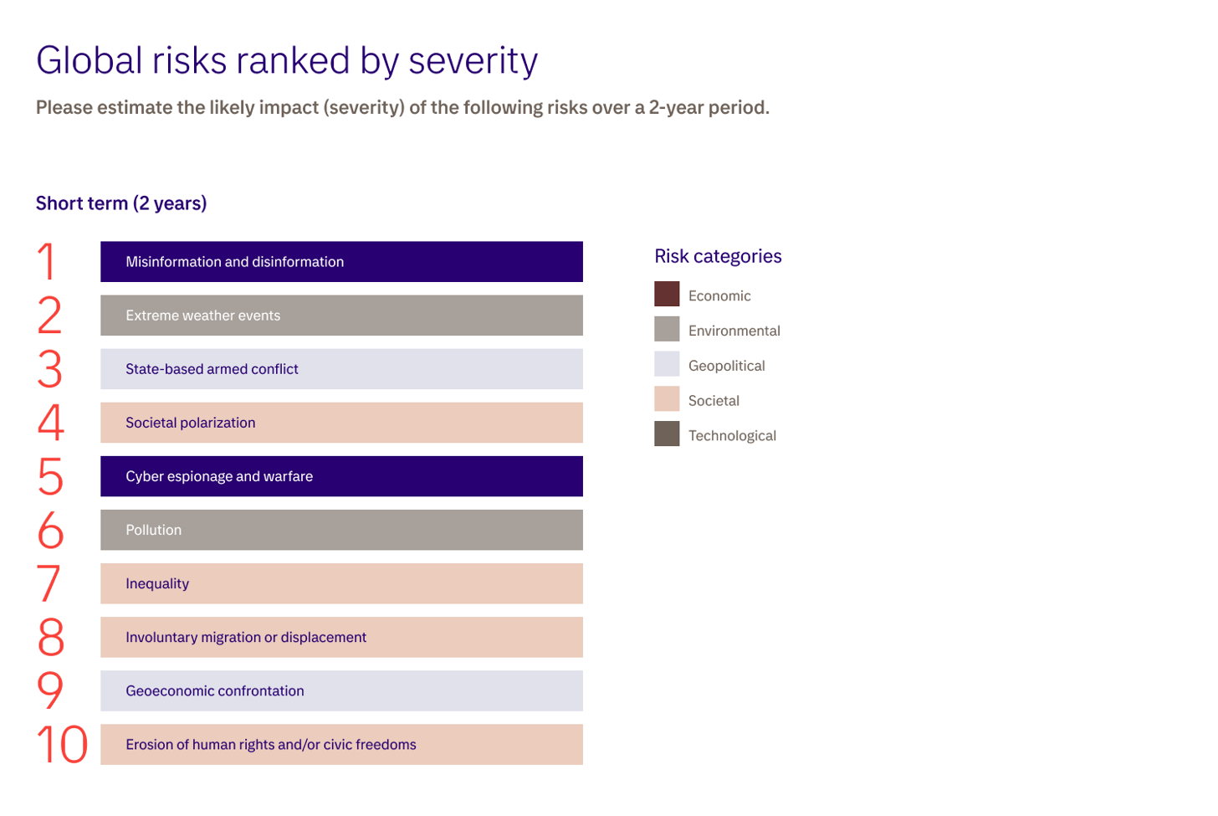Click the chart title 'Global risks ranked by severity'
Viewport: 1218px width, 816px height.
coord(286,61)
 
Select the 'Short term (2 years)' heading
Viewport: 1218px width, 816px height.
coord(121,203)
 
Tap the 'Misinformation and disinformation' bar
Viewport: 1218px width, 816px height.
coord(341,262)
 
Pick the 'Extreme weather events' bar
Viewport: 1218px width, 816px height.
coord(341,316)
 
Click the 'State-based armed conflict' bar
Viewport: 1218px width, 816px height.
coord(341,369)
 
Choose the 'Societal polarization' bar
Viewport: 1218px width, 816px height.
coord(341,423)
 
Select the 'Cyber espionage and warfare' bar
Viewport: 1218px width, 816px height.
coord(341,476)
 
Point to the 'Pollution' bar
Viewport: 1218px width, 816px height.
coord(341,530)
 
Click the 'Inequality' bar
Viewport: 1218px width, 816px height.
coord(341,583)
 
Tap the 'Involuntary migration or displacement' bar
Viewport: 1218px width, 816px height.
coord(341,637)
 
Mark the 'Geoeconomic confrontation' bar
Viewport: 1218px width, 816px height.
coord(341,690)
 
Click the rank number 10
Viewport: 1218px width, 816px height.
coord(62,745)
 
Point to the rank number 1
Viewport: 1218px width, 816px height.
coord(48,262)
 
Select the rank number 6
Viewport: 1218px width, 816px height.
coord(50,531)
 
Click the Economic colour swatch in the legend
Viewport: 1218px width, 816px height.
coord(667,295)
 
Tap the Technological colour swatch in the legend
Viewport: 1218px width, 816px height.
coord(667,434)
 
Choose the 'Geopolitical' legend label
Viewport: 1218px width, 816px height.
coord(726,366)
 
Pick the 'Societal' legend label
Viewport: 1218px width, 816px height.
coord(714,401)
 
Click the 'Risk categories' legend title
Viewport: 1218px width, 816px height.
coord(718,256)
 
